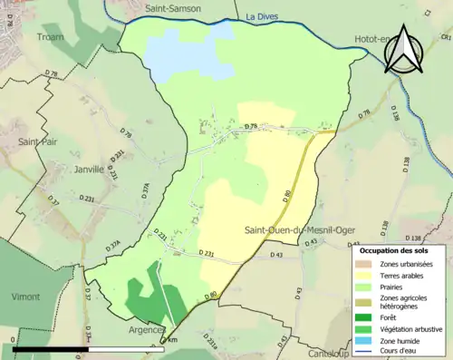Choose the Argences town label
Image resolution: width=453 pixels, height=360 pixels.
147,329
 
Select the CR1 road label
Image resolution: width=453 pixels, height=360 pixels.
445,37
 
